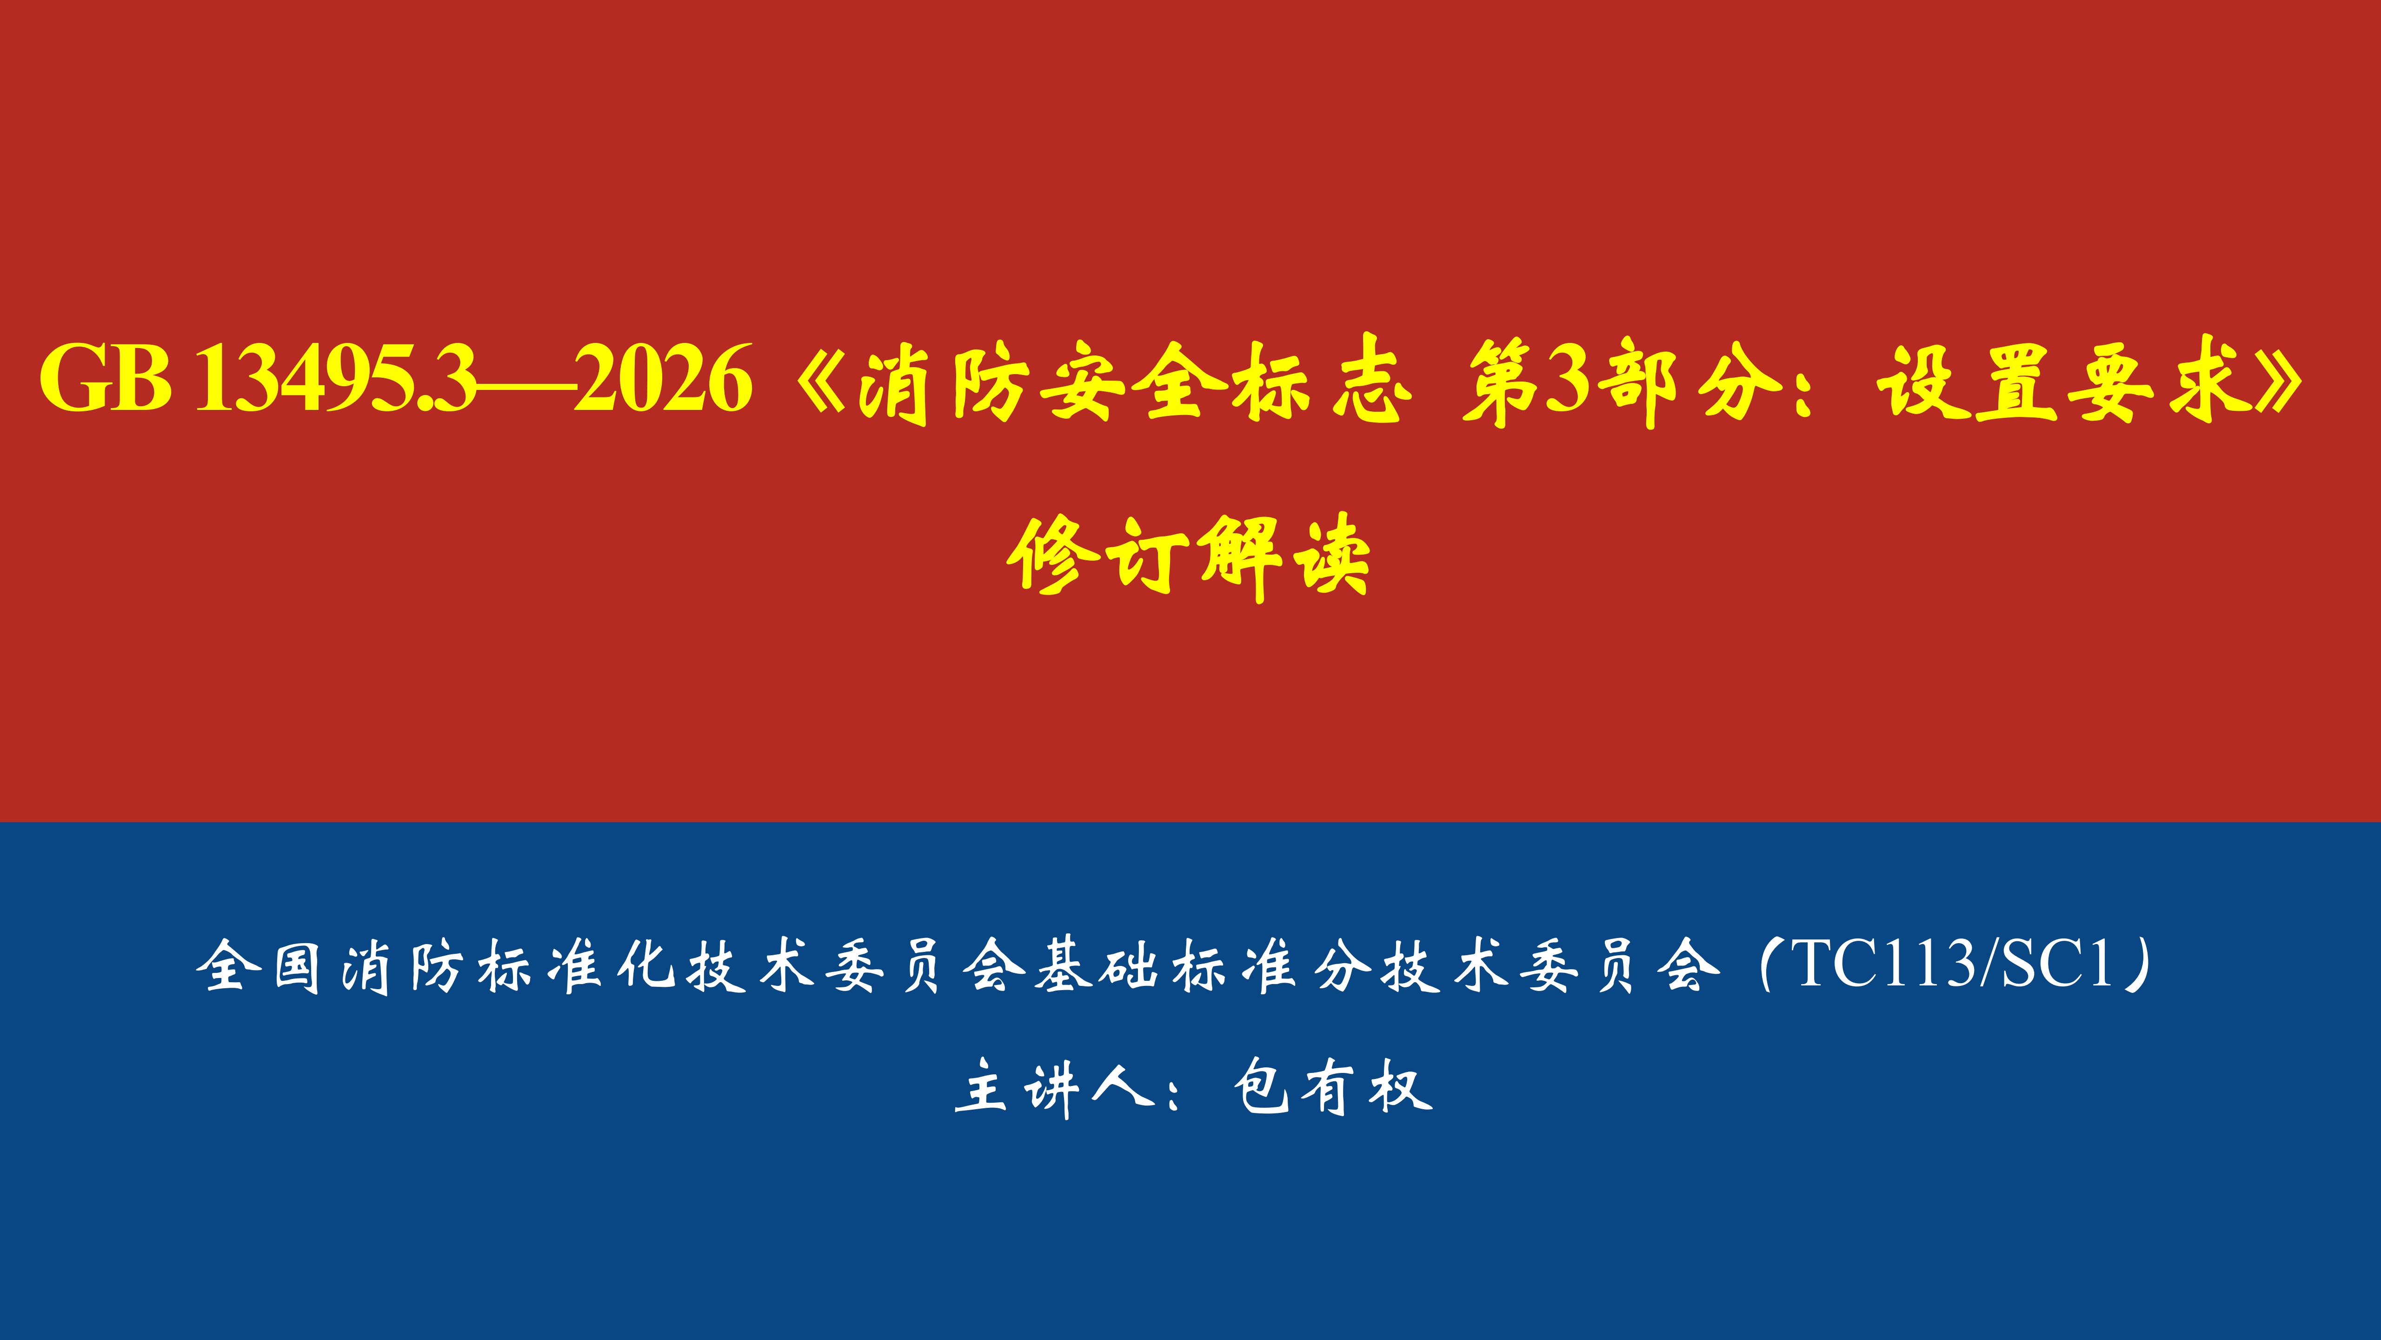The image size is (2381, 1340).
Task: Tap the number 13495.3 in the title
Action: [337, 379]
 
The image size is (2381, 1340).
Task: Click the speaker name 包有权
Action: [1333, 1086]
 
